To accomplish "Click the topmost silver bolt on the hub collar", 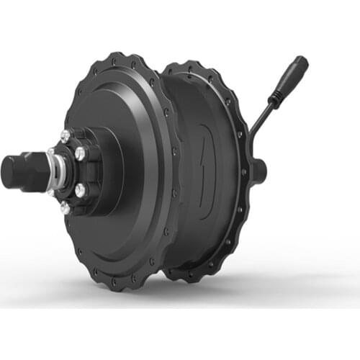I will pos(66,135).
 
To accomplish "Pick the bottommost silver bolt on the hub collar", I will pos(66,207).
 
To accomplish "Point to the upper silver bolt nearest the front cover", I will pos(80,153).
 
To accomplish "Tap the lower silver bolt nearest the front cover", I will pos(80,191).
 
